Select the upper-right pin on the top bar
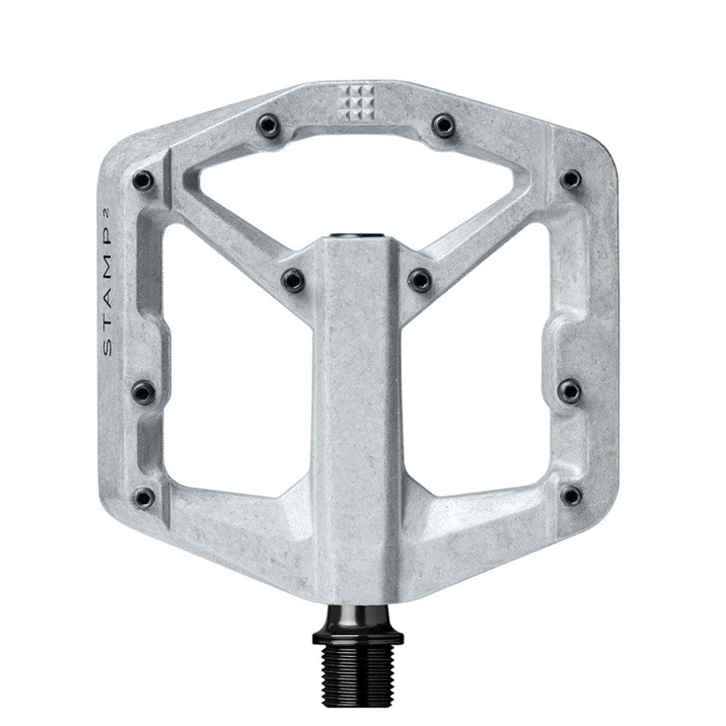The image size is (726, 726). click(443, 125)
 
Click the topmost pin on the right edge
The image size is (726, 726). click(571, 179)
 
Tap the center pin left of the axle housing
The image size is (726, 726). click(293, 279)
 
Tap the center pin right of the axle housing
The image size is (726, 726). click(420, 279)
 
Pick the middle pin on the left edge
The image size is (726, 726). click(144, 392)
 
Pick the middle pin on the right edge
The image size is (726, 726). click(570, 391)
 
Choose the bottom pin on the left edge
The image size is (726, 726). click(144, 497)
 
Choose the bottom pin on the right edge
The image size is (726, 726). click(571, 496)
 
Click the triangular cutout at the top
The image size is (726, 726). click(356, 181)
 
